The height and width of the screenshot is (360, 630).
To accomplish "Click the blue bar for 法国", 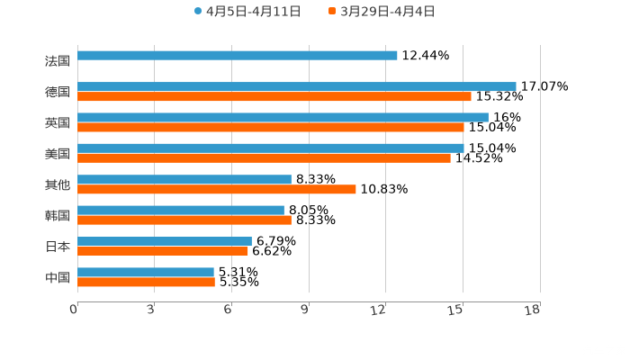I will point(238,56).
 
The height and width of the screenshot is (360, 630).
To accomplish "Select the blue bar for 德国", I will point(297,86).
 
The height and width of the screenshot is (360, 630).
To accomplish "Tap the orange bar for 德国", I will point(274,96).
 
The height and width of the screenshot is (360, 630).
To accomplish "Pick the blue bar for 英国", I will point(283,117).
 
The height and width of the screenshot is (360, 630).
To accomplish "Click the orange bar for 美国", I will point(264,157).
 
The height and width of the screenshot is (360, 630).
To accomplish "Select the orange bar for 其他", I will point(217,189).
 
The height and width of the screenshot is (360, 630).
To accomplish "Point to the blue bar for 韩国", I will point(181,210).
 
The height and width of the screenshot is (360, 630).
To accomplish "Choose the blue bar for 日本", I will point(165,241).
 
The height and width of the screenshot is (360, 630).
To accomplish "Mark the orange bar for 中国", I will point(146,282).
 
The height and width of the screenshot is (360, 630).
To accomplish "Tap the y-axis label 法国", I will point(58,61).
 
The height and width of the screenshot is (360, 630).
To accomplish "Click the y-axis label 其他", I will point(58,184).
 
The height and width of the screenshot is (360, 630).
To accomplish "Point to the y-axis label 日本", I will point(58,246).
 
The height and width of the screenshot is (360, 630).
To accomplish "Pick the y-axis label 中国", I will point(58,277).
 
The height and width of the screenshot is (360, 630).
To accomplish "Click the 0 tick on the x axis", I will point(74,310).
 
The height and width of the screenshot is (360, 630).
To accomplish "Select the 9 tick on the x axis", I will point(305,310).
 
